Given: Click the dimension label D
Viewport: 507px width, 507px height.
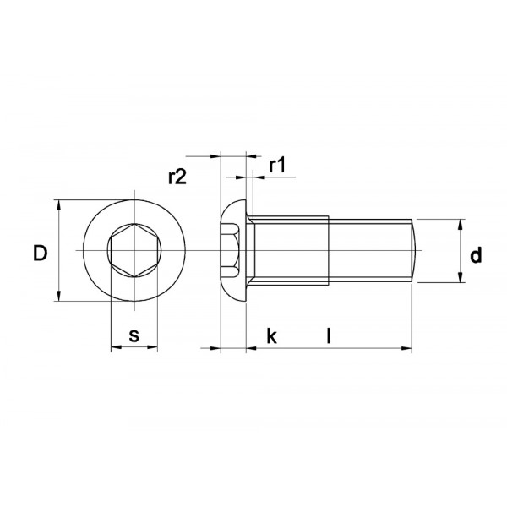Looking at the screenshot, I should tap(39, 253).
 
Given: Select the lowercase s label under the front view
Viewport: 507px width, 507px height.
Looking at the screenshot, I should tap(134, 335).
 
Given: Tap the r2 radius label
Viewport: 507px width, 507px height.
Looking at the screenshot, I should tap(177, 177).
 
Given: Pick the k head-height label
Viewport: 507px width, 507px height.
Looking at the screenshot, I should tap(271, 336).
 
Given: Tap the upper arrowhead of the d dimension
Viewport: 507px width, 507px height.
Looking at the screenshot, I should tap(461, 225).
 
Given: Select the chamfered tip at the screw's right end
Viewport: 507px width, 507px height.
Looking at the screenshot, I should tap(415, 251).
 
